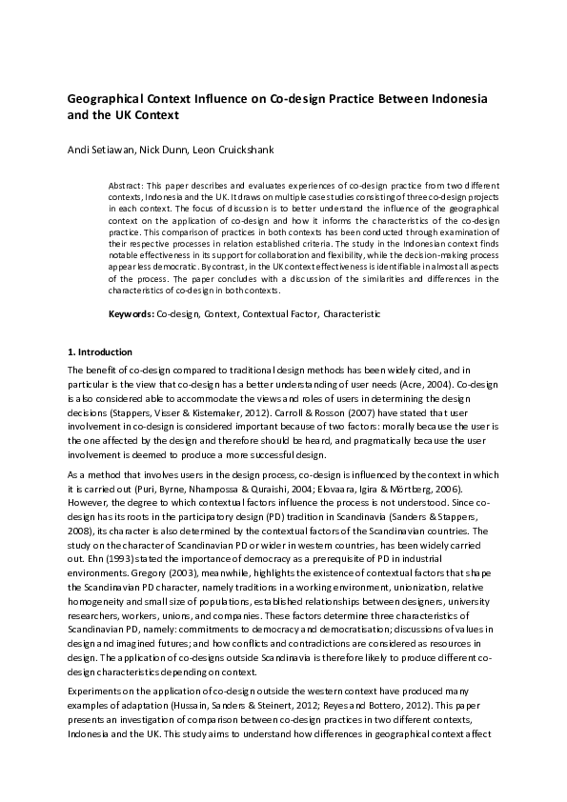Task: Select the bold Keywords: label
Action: coord(129,312)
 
